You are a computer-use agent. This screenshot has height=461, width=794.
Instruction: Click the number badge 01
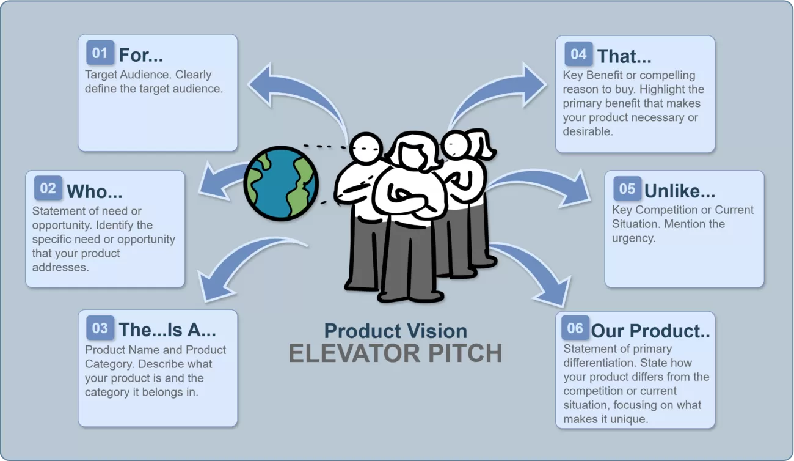click(x=100, y=53)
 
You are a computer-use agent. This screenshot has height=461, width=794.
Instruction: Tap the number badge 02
click(x=48, y=189)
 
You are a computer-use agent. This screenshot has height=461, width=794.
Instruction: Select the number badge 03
click(x=100, y=328)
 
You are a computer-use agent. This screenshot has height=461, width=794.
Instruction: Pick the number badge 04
click(x=578, y=54)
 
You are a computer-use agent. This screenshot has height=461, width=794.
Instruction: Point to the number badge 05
click(x=627, y=189)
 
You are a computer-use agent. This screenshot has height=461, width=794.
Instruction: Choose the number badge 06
click(x=575, y=328)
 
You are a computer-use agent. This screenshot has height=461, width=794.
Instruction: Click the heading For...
click(x=141, y=55)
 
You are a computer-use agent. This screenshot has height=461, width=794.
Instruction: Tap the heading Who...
click(x=95, y=191)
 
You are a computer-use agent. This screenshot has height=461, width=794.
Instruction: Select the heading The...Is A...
click(x=167, y=330)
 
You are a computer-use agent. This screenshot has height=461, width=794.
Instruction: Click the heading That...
click(x=624, y=56)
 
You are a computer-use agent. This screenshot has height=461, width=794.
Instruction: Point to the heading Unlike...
click(x=680, y=191)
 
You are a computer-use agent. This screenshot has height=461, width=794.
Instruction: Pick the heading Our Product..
click(x=650, y=331)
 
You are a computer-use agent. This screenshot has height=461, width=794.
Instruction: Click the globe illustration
click(x=281, y=183)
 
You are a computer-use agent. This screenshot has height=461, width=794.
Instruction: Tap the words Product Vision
click(x=395, y=331)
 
